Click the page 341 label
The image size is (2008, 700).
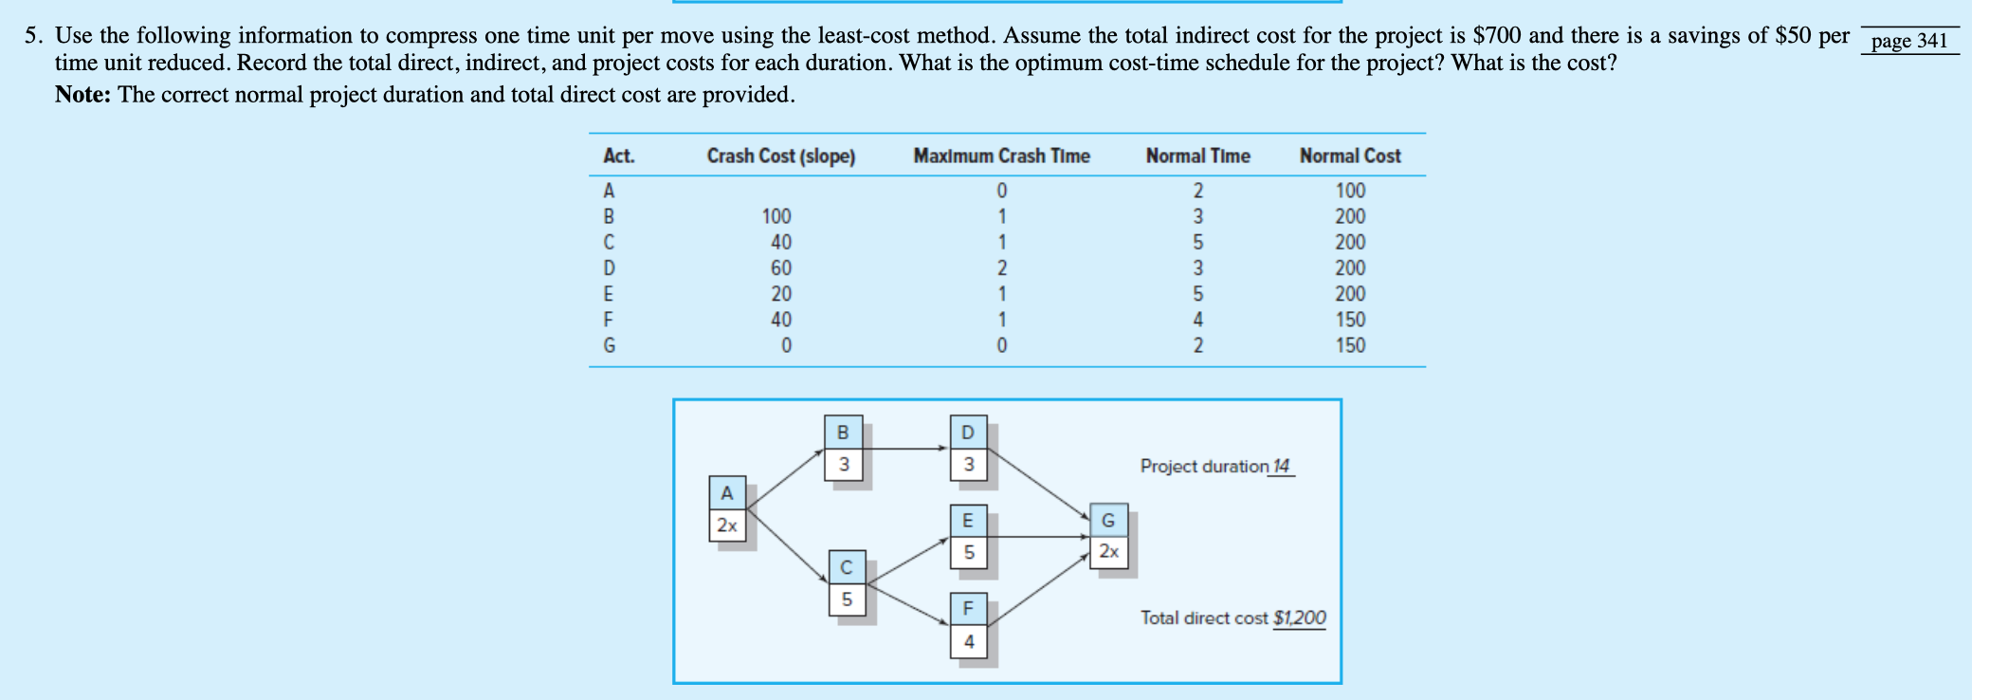click(1908, 41)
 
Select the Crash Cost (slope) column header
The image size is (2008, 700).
click(780, 156)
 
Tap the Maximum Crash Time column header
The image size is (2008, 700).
click(1001, 156)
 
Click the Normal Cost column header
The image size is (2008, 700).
click(1349, 156)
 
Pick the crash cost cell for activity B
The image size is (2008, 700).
click(776, 216)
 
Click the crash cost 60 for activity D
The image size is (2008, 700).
click(780, 268)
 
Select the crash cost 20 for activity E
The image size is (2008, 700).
click(780, 294)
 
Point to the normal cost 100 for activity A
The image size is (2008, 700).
click(1350, 191)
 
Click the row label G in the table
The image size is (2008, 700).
click(609, 346)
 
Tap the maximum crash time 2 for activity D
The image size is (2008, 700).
click(1002, 268)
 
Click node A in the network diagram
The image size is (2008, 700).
click(727, 493)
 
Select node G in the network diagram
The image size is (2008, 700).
click(1107, 520)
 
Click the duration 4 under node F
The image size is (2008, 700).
click(968, 642)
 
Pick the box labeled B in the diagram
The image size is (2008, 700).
click(843, 433)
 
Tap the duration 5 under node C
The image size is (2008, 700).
click(847, 599)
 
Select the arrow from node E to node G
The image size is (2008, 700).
click(1038, 537)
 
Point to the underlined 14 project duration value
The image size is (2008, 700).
click(1281, 466)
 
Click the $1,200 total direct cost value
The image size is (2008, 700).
click(1299, 617)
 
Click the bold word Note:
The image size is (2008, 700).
click(83, 95)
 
